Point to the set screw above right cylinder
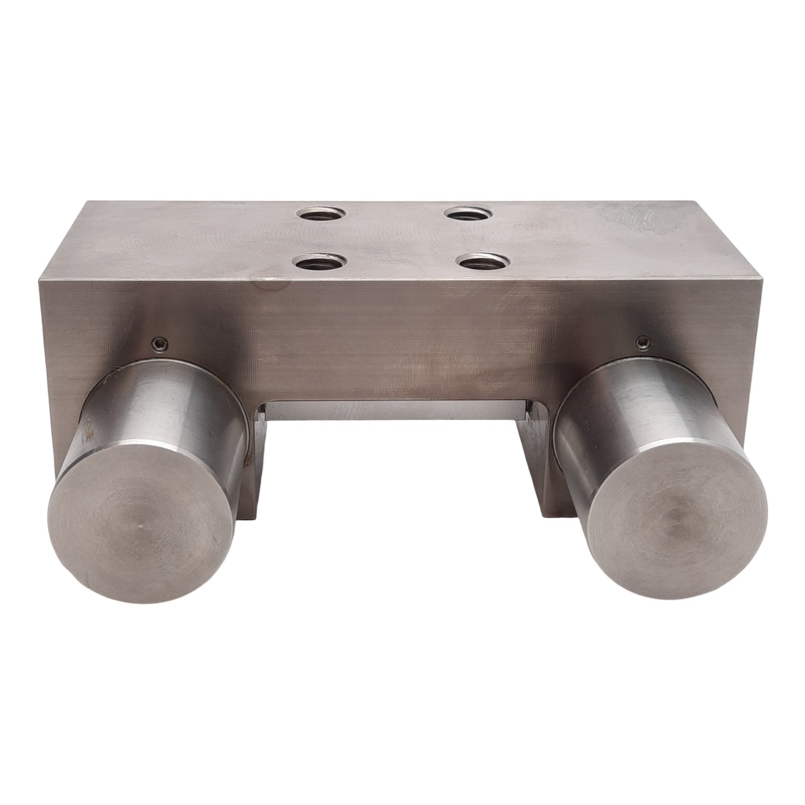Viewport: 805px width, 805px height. click(x=645, y=340)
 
